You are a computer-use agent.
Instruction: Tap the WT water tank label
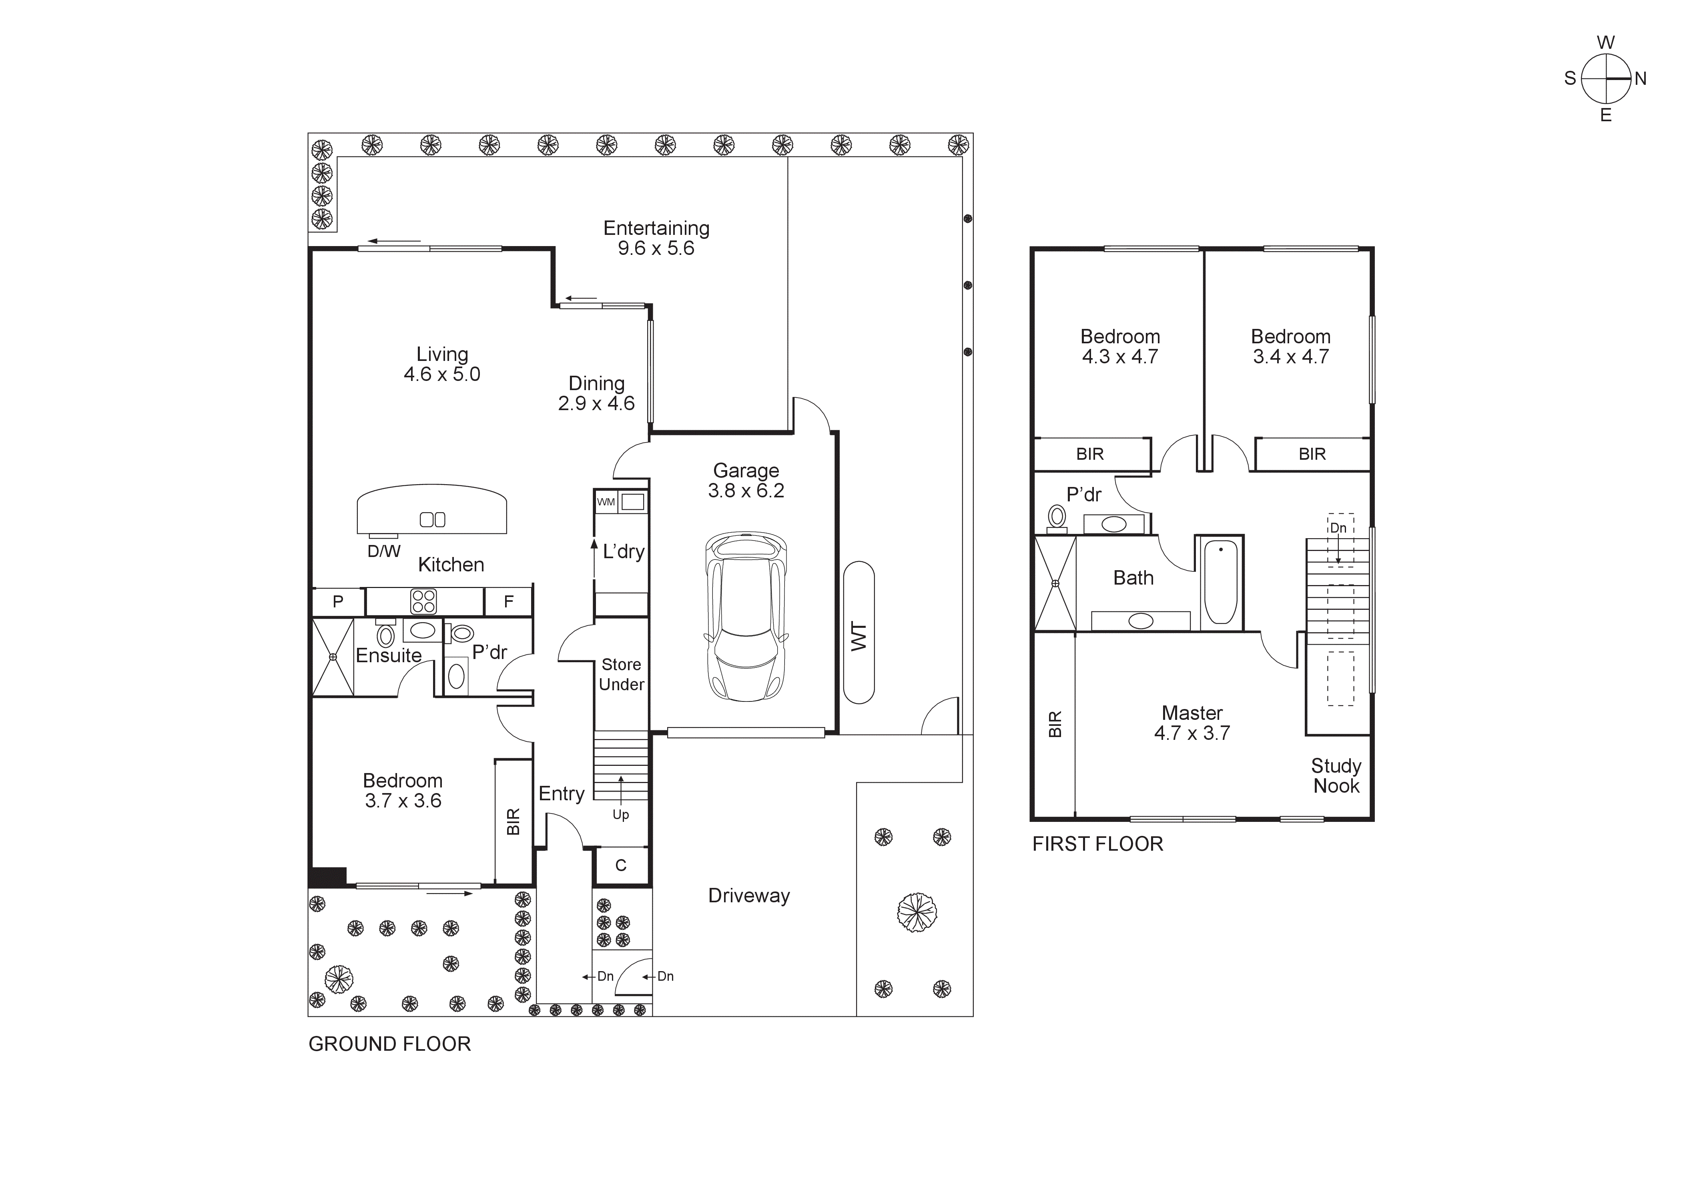(x=859, y=636)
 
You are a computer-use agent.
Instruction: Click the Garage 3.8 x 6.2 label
(x=746, y=481)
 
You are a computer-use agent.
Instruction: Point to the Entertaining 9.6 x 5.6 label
(x=656, y=238)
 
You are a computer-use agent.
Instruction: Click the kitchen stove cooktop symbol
(x=424, y=601)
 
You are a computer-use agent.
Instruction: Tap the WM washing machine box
(x=606, y=502)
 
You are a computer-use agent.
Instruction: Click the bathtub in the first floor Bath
(x=1220, y=582)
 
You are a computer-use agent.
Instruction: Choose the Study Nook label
(x=1336, y=776)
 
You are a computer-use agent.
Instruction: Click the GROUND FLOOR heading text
(x=389, y=1044)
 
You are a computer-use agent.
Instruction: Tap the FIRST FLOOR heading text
(x=1097, y=844)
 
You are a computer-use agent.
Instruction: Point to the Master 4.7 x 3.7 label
(x=1192, y=723)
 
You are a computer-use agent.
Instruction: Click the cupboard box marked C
(x=621, y=865)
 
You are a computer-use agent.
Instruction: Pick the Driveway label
(x=748, y=896)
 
